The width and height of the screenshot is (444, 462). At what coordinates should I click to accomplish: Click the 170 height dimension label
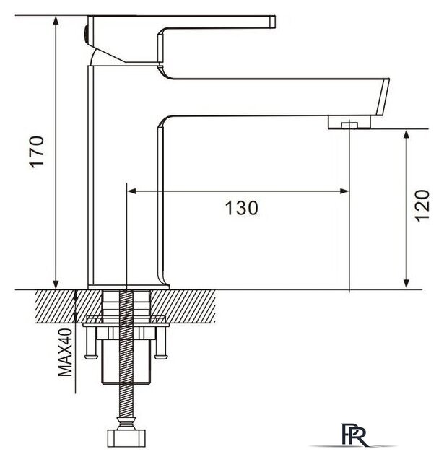tap(37, 152)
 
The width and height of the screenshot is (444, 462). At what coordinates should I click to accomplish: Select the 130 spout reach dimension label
tap(242, 208)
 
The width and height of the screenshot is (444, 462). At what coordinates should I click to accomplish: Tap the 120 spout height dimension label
tap(422, 205)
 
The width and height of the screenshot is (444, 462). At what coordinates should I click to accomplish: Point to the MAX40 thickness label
tap(65, 352)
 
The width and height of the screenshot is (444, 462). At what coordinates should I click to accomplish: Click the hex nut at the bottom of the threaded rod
tap(126, 438)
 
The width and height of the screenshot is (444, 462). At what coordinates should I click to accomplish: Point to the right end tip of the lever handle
tap(275, 22)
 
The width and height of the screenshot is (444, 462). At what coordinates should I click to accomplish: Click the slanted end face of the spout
tap(383, 97)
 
